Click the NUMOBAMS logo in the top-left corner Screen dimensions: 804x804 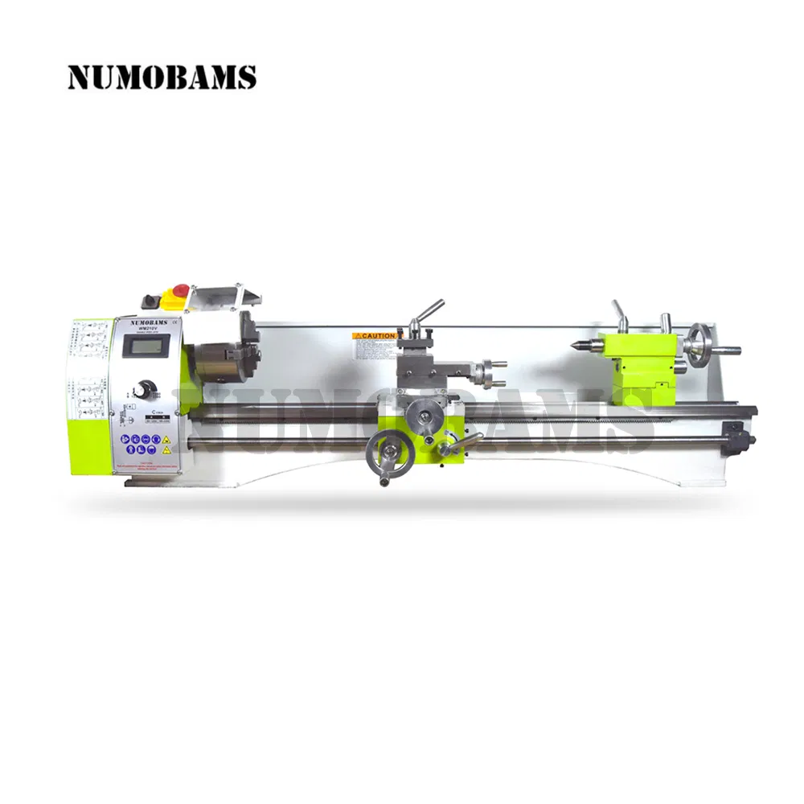tap(162, 77)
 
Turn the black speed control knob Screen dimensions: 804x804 tap(146, 388)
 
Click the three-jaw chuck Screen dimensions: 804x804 tap(221, 350)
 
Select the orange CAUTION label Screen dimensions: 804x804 tap(375, 335)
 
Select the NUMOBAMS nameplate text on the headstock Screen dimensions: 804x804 tap(146, 320)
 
